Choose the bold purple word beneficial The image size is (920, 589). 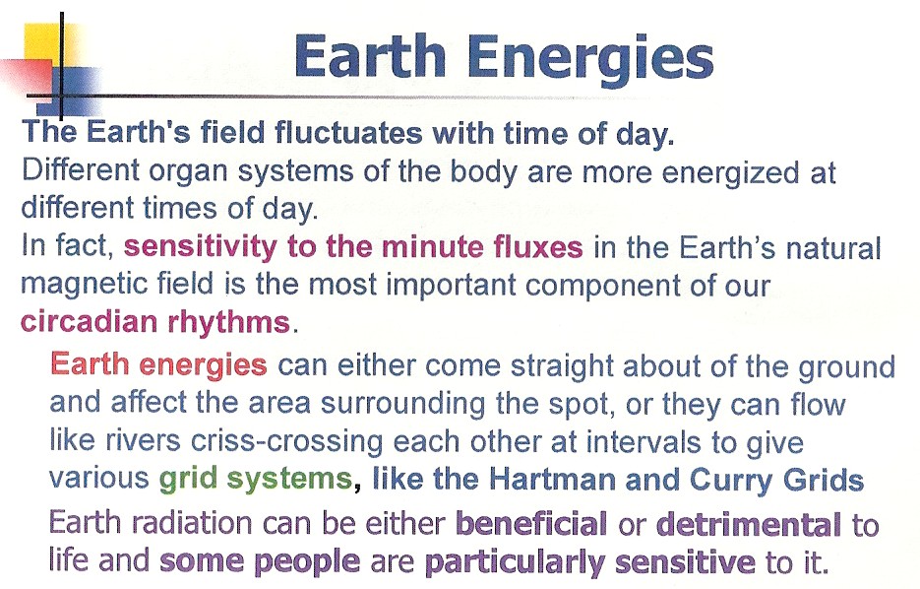(531, 524)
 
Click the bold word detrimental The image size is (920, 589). (748, 524)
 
